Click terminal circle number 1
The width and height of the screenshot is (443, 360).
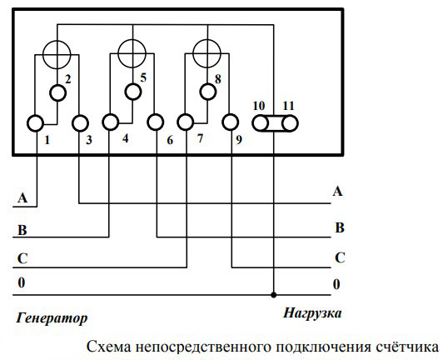35,123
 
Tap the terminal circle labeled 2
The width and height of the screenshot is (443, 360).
58,93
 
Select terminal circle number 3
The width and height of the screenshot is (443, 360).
80,123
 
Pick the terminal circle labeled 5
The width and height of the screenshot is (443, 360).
133,92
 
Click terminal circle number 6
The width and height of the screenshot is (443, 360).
156,122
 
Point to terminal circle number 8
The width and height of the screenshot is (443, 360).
208,92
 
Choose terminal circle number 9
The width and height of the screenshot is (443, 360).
231,122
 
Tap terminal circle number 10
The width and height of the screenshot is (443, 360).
260,123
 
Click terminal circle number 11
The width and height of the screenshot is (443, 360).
290,123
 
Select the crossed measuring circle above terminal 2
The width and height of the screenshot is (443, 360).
57,55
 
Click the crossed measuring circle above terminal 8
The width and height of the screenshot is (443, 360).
207,53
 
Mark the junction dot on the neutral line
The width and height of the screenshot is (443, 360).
273,295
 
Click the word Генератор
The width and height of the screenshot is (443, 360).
52,318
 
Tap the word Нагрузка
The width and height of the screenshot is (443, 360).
312,313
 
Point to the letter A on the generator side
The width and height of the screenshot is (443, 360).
22,197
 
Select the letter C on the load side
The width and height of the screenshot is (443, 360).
340,257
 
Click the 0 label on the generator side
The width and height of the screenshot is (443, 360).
22,282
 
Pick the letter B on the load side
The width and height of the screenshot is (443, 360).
340,227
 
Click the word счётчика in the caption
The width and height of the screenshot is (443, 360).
407,347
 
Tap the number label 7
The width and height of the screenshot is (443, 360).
200,138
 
